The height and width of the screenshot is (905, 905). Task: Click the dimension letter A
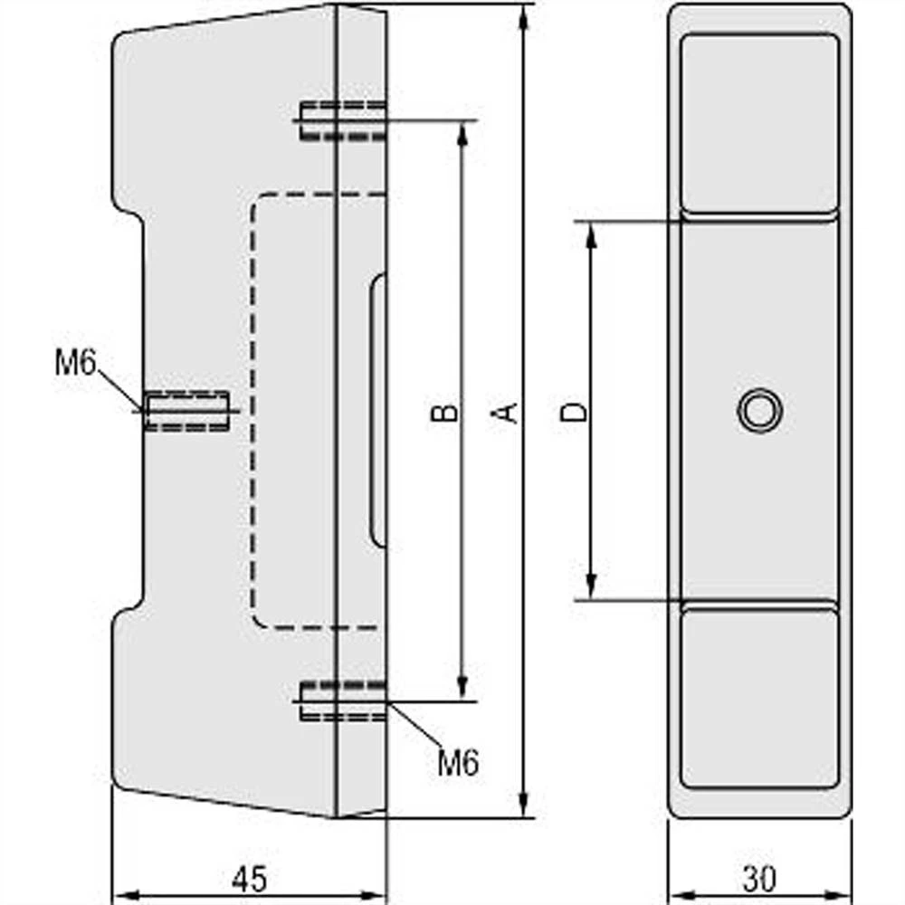click(509, 413)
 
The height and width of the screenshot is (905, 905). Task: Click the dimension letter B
click(443, 413)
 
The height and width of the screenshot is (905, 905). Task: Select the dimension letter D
click(574, 413)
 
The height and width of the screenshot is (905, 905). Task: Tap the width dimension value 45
click(248, 879)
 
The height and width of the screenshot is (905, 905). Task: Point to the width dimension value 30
click(760, 879)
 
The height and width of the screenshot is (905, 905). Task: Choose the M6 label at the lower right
click(458, 763)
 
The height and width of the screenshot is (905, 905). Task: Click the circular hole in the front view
click(759, 410)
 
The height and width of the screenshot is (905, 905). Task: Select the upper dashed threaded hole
click(342, 120)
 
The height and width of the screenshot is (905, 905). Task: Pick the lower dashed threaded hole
click(342, 701)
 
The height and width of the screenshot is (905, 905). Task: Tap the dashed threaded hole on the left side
click(187, 411)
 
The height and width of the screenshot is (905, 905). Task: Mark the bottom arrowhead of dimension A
click(523, 805)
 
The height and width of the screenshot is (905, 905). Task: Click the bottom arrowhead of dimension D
click(592, 586)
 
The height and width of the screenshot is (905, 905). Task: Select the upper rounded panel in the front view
click(759, 124)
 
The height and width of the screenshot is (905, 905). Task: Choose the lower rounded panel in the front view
click(759, 698)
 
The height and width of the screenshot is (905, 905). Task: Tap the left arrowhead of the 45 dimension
click(123, 893)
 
